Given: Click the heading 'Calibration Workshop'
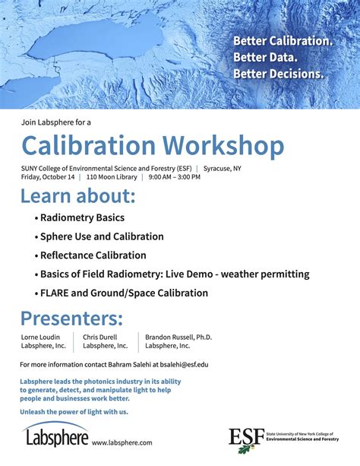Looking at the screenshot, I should [x=152, y=146].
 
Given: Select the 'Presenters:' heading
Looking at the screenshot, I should [x=71, y=318].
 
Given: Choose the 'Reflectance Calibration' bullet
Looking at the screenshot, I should [x=93, y=255].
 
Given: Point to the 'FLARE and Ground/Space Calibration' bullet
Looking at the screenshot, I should [x=124, y=293].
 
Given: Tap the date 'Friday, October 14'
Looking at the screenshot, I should [x=48, y=177].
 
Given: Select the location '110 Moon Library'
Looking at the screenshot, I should [x=112, y=177].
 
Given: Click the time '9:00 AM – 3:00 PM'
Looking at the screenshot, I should [x=175, y=177].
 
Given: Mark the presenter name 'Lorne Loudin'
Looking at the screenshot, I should [x=42, y=337].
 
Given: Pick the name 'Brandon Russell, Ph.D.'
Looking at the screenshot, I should [x=178, y=337].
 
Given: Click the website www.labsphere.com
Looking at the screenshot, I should [x=122, y=442].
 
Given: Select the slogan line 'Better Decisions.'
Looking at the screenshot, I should [x=278, y=74].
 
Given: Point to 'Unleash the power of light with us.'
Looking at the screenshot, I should [x=74, y=411].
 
